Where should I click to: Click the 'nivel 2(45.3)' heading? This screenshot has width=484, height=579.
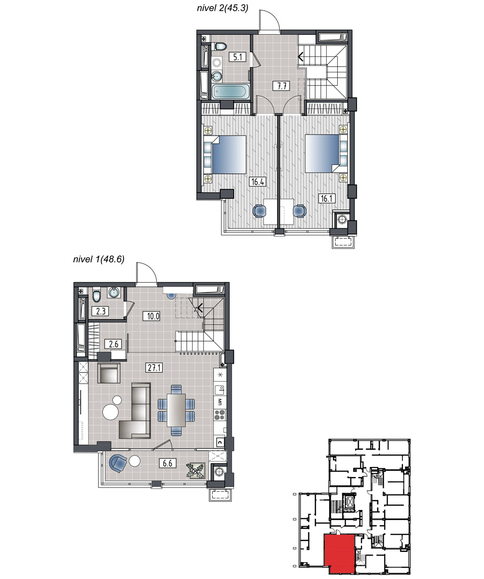222,8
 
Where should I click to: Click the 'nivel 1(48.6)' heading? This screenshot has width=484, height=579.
99,259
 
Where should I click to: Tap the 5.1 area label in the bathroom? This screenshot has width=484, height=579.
237,57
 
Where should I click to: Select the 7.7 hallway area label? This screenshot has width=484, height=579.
281,86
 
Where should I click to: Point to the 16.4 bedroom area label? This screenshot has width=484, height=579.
258,181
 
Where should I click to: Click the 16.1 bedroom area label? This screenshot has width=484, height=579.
327,198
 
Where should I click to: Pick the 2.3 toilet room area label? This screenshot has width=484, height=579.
100,311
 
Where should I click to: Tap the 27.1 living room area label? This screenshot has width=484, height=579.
154,368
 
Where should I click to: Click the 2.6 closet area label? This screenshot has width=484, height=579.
113,344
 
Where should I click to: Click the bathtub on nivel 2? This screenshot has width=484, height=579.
231,91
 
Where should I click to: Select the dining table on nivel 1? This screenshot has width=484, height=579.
176,410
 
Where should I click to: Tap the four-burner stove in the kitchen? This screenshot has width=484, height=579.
220,414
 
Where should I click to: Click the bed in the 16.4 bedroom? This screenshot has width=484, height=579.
225,154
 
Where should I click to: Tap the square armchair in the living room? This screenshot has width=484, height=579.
109,372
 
